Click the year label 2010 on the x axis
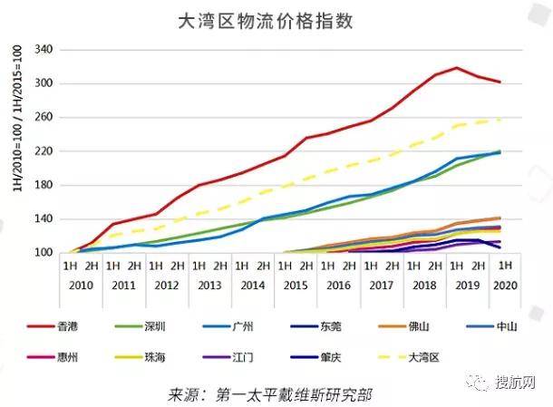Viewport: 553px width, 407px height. (x=81, y=286)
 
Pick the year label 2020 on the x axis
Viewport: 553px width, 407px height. (x=506, y=286)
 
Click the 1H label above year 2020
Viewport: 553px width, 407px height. (x=506, y=266)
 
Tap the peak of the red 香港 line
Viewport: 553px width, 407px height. (x=457, y=68)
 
